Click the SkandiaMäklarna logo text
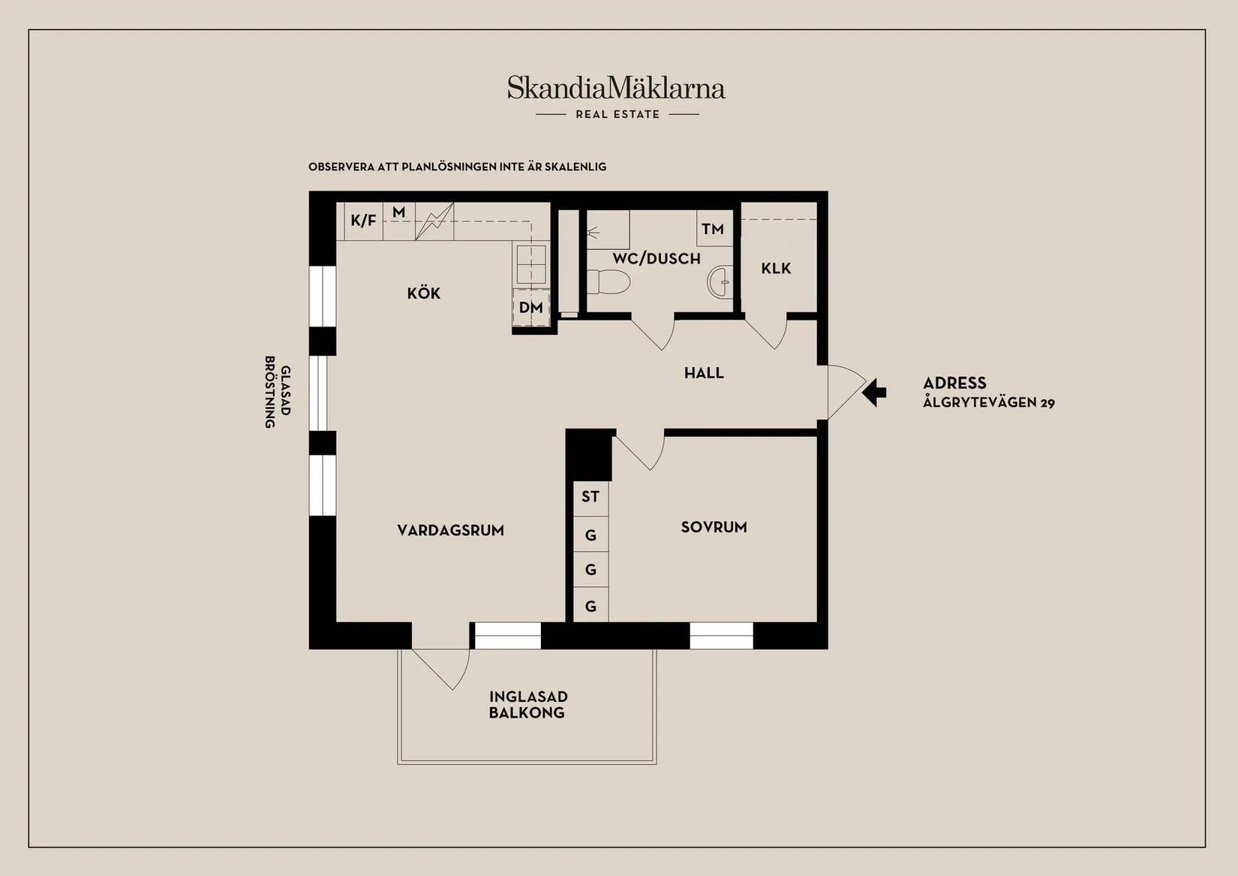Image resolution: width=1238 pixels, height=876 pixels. coord(616,89)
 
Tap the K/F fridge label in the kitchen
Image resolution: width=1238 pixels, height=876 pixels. coord(363,221)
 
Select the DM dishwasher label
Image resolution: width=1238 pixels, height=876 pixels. coord(530,308)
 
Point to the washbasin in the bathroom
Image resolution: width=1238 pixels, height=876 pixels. coord(719,281)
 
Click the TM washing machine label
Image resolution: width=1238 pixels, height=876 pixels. coord(713,229)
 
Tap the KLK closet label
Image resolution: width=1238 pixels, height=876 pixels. coord(776,269)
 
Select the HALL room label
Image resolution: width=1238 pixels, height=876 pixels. coord(704,373)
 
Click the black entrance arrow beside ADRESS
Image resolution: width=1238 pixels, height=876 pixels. coord(874,392)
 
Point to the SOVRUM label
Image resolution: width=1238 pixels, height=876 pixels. coord(714,528)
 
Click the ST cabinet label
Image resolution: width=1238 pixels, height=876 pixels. coord(590,497)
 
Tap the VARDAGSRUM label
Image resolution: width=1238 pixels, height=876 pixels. coord(450,531)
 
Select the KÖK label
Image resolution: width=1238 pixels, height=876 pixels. coord(424,294)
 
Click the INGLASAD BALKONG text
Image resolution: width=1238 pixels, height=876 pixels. coord(527,705)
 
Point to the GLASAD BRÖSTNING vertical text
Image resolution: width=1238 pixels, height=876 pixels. coord(277,391)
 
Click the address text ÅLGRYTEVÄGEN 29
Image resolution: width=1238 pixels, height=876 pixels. coord(988,403)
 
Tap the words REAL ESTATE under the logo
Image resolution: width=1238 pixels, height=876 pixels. coord(617,115)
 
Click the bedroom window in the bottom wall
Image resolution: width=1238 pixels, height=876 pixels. coord(721,636)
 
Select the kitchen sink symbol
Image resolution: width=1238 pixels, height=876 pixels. coord(530,263)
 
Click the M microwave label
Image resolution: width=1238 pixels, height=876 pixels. coord(399,213)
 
